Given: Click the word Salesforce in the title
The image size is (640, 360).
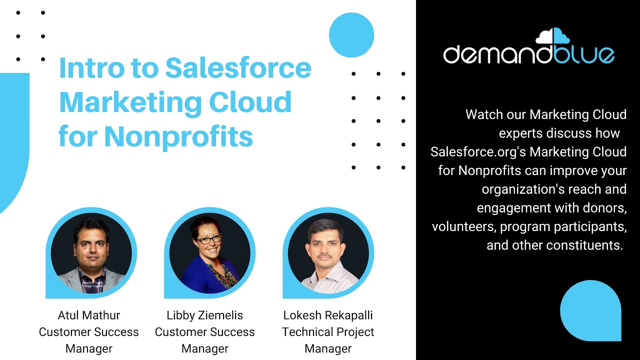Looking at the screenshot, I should pos(238,68).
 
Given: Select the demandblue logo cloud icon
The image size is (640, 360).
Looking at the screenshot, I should pos(552,36).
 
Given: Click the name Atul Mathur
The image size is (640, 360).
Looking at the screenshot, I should pos(89,315).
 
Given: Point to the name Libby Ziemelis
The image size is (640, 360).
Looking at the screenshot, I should pos(205,315).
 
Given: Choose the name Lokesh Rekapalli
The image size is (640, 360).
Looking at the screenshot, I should pos(328,315).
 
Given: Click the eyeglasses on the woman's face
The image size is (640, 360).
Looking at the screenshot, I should pos(208,239).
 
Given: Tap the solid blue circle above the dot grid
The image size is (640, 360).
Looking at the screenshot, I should pos(351,35).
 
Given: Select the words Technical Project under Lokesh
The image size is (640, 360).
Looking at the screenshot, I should pos(328,332).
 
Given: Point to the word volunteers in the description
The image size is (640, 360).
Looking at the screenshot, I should pos(463,226).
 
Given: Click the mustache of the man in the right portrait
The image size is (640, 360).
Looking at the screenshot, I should pos(325,255).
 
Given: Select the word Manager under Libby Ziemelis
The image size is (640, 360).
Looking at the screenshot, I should pos(205,348).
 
